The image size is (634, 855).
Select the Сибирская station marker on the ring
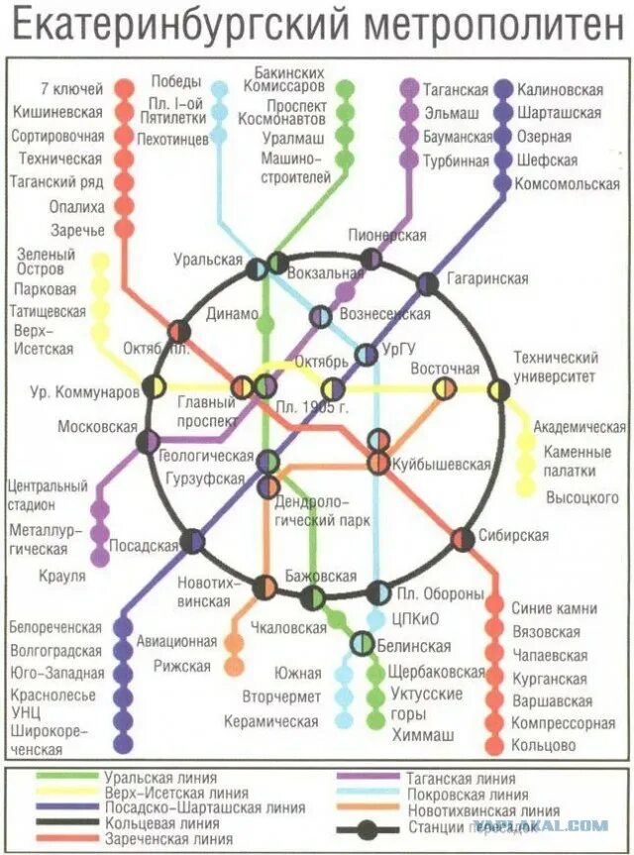(x=463, y=539)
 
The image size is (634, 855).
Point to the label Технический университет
(x=555, y=367)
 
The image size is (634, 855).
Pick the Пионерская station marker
(x=370, y=260)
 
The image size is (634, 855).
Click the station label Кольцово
(x=544, y=745)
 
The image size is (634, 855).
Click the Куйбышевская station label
(x=441, y=464)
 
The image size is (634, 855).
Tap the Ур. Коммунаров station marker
(x=154, y=386)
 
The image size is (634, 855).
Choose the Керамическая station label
(x=270, y=721)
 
